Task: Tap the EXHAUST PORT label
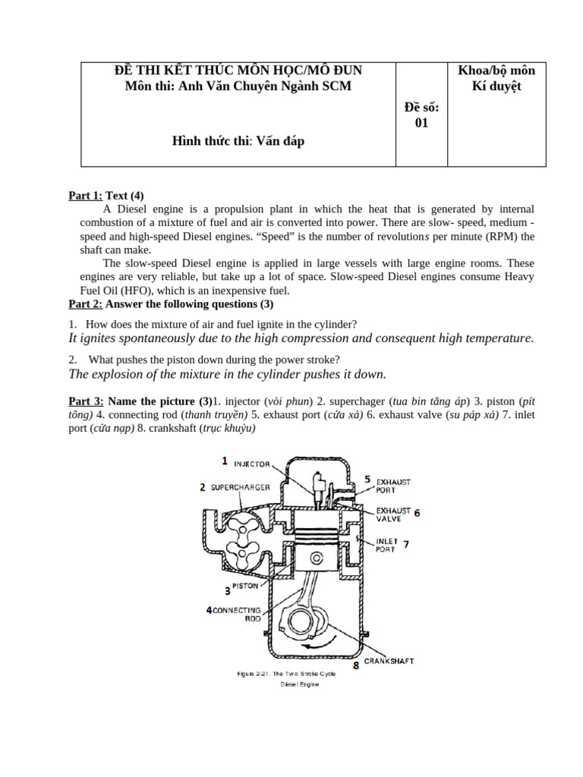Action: [x=393, y=486]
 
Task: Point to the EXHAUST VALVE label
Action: [x=393, y=514]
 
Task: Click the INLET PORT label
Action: [x=386, y=545]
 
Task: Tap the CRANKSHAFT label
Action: [x=389, y=661]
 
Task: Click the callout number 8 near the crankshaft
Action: [x=355, y=665]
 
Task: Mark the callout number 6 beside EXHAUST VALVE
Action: [x=417, y=512]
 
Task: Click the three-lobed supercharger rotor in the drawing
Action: [x=238, y=541]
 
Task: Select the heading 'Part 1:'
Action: [x=86, y=195]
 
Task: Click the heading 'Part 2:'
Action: [x=86, y=304]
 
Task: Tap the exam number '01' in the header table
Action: [x=421, y=123]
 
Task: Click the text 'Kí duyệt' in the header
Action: [x=496, y=87]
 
